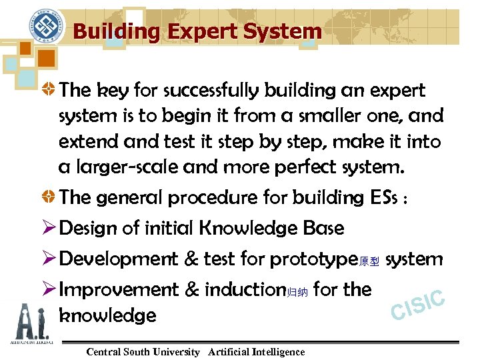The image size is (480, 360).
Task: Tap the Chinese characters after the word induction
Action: (x=297, y=292)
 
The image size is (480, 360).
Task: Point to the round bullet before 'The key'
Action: (x=48, y=90)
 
